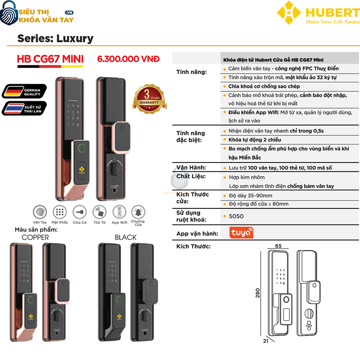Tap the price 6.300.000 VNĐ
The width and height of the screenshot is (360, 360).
pos(128,59)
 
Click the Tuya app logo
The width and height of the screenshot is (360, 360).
pos(241,233)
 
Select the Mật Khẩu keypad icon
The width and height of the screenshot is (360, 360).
pos(59,212)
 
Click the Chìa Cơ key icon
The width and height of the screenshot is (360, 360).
pos(80,212)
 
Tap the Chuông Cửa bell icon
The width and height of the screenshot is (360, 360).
pos(138,212)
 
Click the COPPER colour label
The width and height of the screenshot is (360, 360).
pos(35,237)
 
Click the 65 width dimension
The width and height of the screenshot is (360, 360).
pos(278,246)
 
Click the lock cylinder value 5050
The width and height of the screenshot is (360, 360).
pos(236,216)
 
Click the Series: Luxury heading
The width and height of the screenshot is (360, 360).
pos(55,39)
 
